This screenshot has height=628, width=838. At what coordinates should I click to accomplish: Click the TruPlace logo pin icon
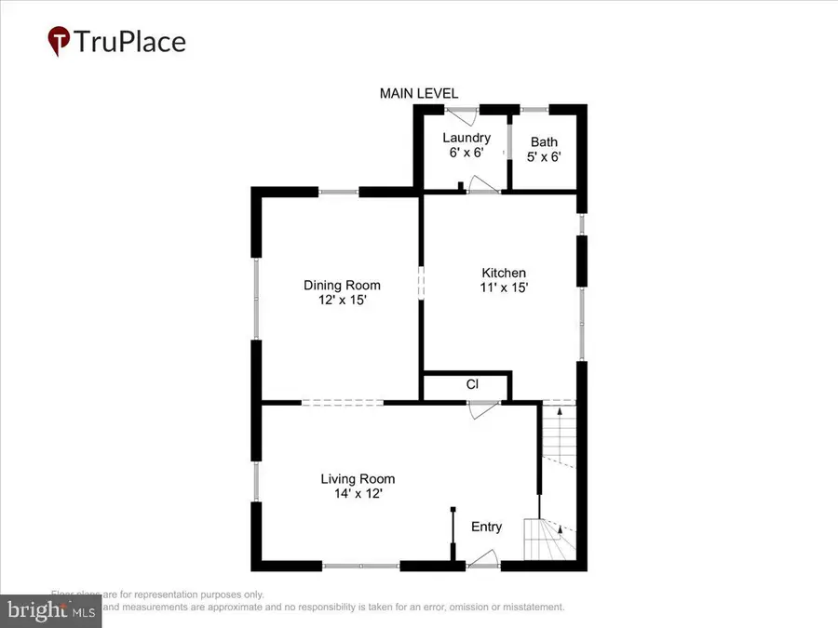60,42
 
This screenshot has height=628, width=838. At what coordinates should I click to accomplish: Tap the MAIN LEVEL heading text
418,93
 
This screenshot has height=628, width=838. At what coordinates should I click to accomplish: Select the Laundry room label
466,138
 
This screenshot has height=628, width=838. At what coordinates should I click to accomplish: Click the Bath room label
545,142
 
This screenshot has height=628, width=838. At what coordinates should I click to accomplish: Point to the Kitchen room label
503,273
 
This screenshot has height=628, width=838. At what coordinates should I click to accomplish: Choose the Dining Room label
342,286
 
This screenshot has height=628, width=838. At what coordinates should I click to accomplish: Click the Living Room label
352,479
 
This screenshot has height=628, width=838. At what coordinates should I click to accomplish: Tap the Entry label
486,527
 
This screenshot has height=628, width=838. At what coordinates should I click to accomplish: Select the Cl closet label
472,384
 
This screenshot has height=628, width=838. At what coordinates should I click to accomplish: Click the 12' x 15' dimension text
342,301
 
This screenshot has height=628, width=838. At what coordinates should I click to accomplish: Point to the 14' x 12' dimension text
352,494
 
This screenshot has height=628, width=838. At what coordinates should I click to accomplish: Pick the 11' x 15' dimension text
503,287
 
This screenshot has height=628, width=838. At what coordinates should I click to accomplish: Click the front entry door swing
482,558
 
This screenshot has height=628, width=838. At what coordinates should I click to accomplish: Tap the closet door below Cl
483,409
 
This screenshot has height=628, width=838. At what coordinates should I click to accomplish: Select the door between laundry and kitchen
482,185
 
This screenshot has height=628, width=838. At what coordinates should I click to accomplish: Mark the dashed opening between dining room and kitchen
421,282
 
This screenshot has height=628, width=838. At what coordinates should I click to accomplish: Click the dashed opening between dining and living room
342,403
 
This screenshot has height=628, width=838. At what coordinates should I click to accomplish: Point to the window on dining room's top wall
339,193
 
